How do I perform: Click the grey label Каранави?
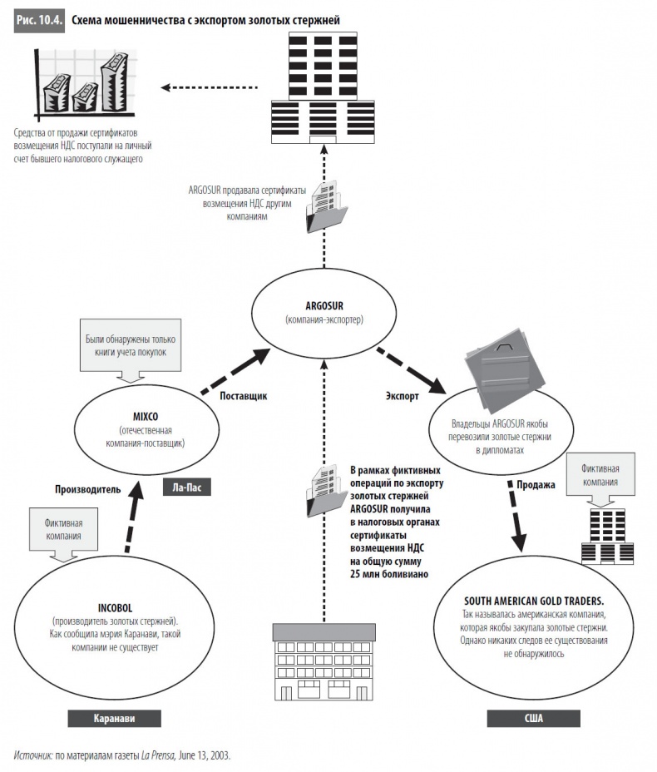coord(114,720)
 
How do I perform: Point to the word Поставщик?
coord(243,396)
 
